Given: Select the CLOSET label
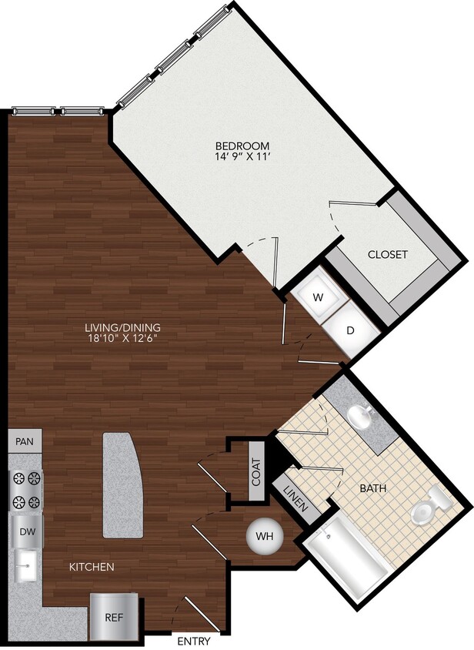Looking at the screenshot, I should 387,254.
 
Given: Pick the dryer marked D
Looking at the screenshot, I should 349,330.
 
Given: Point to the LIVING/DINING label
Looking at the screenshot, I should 123,327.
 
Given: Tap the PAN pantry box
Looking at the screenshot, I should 25,443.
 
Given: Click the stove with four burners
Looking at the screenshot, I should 25,491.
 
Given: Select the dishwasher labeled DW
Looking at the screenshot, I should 25,531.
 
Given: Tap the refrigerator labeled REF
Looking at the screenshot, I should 113,618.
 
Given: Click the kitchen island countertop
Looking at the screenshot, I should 123,485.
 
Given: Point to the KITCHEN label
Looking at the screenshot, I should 92,568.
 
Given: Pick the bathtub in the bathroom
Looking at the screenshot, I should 347,558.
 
